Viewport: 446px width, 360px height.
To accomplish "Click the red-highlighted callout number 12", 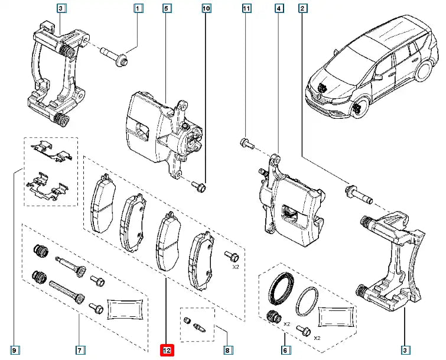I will click(167, 350).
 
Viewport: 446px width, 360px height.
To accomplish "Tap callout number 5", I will click(167, 9).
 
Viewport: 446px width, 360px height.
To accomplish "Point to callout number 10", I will click(206, 9).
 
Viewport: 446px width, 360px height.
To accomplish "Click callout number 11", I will click(246, 9).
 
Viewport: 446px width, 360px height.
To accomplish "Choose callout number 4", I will click(278, 9).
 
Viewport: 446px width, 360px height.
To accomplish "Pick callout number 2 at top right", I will click(302, 9).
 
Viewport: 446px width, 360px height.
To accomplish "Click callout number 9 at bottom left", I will click(14, 350).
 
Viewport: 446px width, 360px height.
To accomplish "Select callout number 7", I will click(80, 350).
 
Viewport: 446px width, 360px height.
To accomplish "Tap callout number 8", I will click(227, 350).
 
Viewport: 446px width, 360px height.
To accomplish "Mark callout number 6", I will click(285, 350).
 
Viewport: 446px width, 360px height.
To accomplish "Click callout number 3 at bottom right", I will click(405, 350).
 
